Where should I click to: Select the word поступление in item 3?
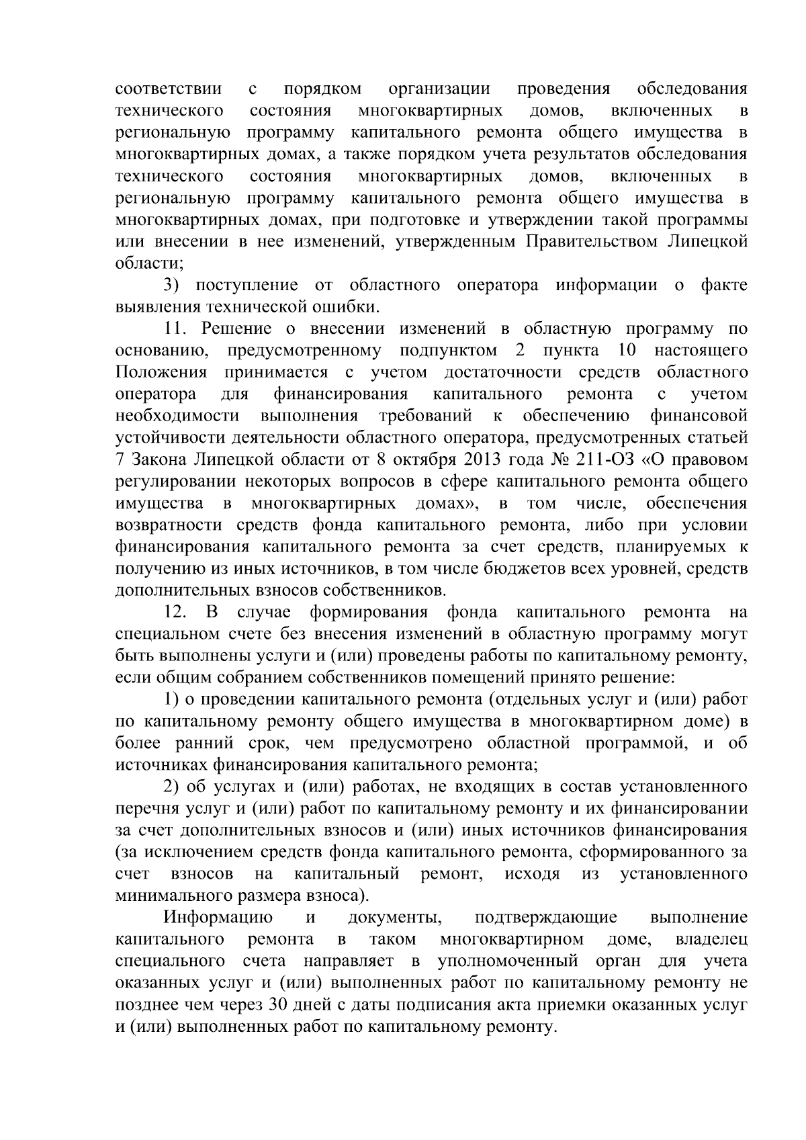[x=247, y=285]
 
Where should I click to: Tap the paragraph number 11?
[x=179, y=328]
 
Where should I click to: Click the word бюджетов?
[x=523, y=569]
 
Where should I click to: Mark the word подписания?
[x=422, y=1005]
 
